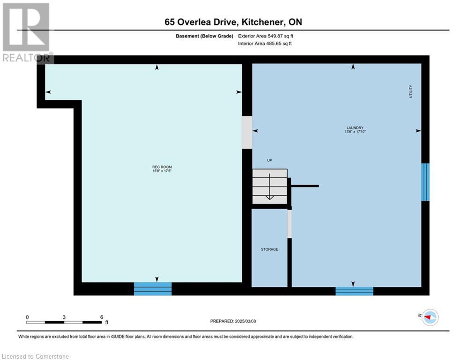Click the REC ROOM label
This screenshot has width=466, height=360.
tap(162, 167)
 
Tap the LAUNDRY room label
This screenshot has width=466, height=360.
tap(355, 127)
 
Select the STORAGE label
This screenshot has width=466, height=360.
tap(270, 249)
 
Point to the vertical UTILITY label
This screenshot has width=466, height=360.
tap(411, 91)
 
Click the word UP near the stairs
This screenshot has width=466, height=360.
tap(270, 160)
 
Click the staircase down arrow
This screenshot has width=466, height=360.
tap(270, 187)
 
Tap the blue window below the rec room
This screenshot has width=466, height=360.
tap(153, 289)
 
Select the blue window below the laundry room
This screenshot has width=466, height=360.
tap(354, 291)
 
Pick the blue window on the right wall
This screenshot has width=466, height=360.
tap(425, 182)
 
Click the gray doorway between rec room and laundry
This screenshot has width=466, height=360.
tap(247, 132)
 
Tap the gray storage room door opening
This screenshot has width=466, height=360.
tap(289, 224)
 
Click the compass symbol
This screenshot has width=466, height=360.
tap(430, 317)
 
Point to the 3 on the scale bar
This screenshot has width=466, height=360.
tap(64, 317)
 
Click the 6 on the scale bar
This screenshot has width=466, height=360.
tap(102, 317)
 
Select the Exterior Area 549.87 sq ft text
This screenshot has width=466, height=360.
tap(266, 36)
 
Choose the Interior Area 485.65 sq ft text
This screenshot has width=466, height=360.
tap(265, 44)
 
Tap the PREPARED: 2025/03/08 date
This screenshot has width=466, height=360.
tap(233, 321)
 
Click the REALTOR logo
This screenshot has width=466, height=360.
tap(27, 33)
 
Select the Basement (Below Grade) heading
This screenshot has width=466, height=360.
tap(205, 36)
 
